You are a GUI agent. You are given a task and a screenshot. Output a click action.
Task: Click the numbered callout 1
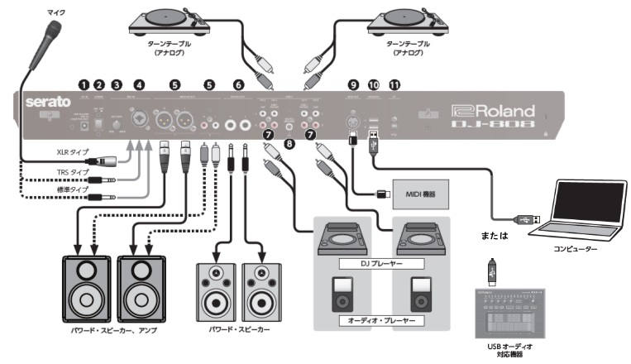pyautogui.click(x=83, y=84)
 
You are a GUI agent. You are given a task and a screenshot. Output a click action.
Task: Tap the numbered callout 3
pyautogui.click(x=117, y=84)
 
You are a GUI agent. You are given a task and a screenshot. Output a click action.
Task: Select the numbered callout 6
pyautogui.click(x=238, y=84)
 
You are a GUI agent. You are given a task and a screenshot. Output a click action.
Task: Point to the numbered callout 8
pyautogui.click(x=289, y=143)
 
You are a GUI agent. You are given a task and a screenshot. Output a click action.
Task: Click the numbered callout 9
pyautogui.click(x=354, y=84)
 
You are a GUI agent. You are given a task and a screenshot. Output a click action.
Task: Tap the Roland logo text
pyautogui.click(x=495, y=109)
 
